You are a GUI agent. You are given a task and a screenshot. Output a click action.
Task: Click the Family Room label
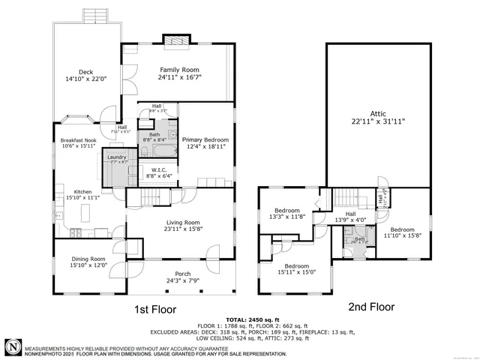tap(179, 69)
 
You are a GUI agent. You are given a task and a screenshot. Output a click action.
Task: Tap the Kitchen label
tap(82, 192)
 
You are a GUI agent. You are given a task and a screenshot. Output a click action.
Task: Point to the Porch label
tap(182, 274)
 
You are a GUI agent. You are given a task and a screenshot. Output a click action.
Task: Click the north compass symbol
tap(13, 346)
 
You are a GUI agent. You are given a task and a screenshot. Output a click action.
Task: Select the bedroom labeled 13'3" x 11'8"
tap(287, 213)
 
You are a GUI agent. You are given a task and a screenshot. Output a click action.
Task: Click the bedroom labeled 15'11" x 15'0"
tap(297, 268)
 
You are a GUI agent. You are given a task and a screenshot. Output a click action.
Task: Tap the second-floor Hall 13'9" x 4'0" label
tap(351, 218)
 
